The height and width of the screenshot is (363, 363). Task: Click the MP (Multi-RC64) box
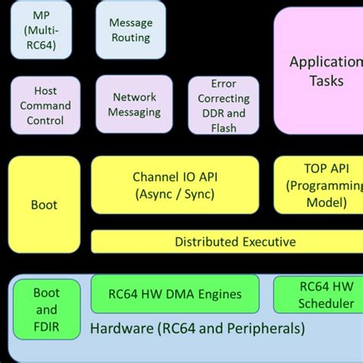(41, 30)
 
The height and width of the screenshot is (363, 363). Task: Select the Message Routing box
(131, 30)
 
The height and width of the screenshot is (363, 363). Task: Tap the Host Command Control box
(45, 105)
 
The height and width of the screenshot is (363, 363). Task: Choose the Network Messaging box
(134, 104)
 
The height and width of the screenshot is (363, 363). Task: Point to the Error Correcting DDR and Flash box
(224, 105)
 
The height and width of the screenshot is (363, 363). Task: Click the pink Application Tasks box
(319, 70)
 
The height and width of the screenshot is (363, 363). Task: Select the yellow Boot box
(44, 204)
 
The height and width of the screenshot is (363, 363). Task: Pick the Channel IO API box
(175, 185)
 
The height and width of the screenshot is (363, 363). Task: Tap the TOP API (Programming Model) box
(319, 185)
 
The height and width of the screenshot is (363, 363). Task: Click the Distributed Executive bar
(227, 241)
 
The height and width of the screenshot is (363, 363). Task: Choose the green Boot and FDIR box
(47, 309)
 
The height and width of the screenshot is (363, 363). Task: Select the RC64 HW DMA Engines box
(175, 294)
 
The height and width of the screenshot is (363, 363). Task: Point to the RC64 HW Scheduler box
(319, 295)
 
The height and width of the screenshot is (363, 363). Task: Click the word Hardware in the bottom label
(122, 328)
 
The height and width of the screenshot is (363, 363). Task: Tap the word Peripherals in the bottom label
(266, 329)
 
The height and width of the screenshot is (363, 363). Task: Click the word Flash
(224, 128)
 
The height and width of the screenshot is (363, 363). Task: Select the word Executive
(269, 241)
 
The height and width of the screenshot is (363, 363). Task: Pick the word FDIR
(47, 326)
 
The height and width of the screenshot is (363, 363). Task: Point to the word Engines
(220, 295)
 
